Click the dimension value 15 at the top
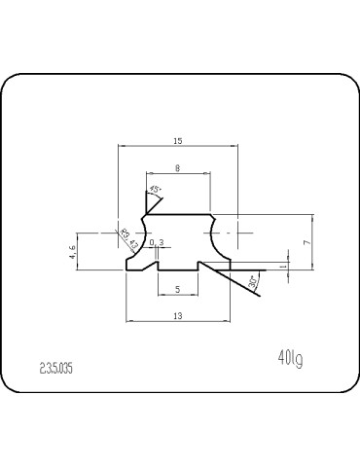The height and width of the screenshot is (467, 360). pyautogui.click(x=178, y=141)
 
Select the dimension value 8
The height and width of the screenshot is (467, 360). pyautogui.click(x=177, y=168)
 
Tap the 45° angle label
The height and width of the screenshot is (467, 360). pyautogui.click(x=155, y=190)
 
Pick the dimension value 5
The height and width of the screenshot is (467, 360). pyautogui.click(x=177, y=289)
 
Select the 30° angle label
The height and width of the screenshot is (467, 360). pyautogui.click(x=253, y=283)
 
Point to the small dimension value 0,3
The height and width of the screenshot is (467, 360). pyautogui.click(x=157, y=242)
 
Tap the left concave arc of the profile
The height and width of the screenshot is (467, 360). pyautogui.click(x=143, y=233)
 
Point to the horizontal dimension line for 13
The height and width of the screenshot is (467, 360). pyautogui.click(x=178, y=320)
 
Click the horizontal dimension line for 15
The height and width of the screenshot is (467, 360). pyautogui.click(x=178, y=147)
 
